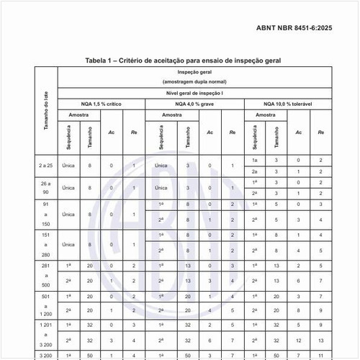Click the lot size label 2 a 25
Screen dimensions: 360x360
[x=45, y=166]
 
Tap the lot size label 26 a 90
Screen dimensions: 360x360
[x=45, y=188]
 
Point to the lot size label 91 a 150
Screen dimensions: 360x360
[x=45, y=214]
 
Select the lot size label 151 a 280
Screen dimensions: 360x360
[x=45, y=244]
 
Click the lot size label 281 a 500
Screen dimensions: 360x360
[x=45, y=274]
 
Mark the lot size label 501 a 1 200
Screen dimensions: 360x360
[x=45, y=305]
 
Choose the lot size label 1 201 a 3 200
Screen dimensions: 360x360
[x=45, y=335]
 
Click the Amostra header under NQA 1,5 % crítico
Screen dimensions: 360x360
[x=80, y=115]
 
